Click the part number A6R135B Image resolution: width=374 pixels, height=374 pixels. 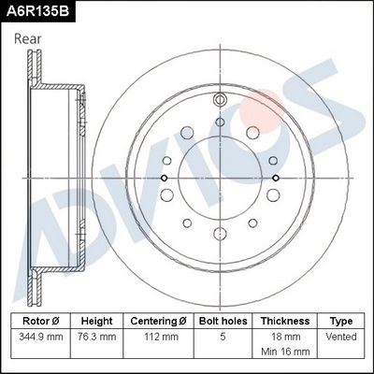pyautogui.click(x=38, y=11)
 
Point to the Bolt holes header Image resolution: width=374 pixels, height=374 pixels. pyautogui.click(x=223, y=320)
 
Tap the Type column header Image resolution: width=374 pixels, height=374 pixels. pyautogui.click(x=341, y=320)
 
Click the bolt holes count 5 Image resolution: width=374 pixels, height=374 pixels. pyautogui.click(x=223, y=336)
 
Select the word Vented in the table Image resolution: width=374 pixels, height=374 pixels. pyautogui.click(x=341, y=336)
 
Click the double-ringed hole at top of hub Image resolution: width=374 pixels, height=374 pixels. pyautogui.click(x=220, y=101)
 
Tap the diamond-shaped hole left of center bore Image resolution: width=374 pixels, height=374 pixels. pyautogui.click(x=165, y=179)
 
